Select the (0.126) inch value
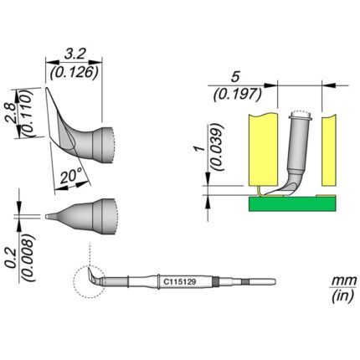74,73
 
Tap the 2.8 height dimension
11,114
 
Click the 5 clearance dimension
235,77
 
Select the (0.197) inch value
238,95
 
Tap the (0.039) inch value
218,147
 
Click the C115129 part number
179,282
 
